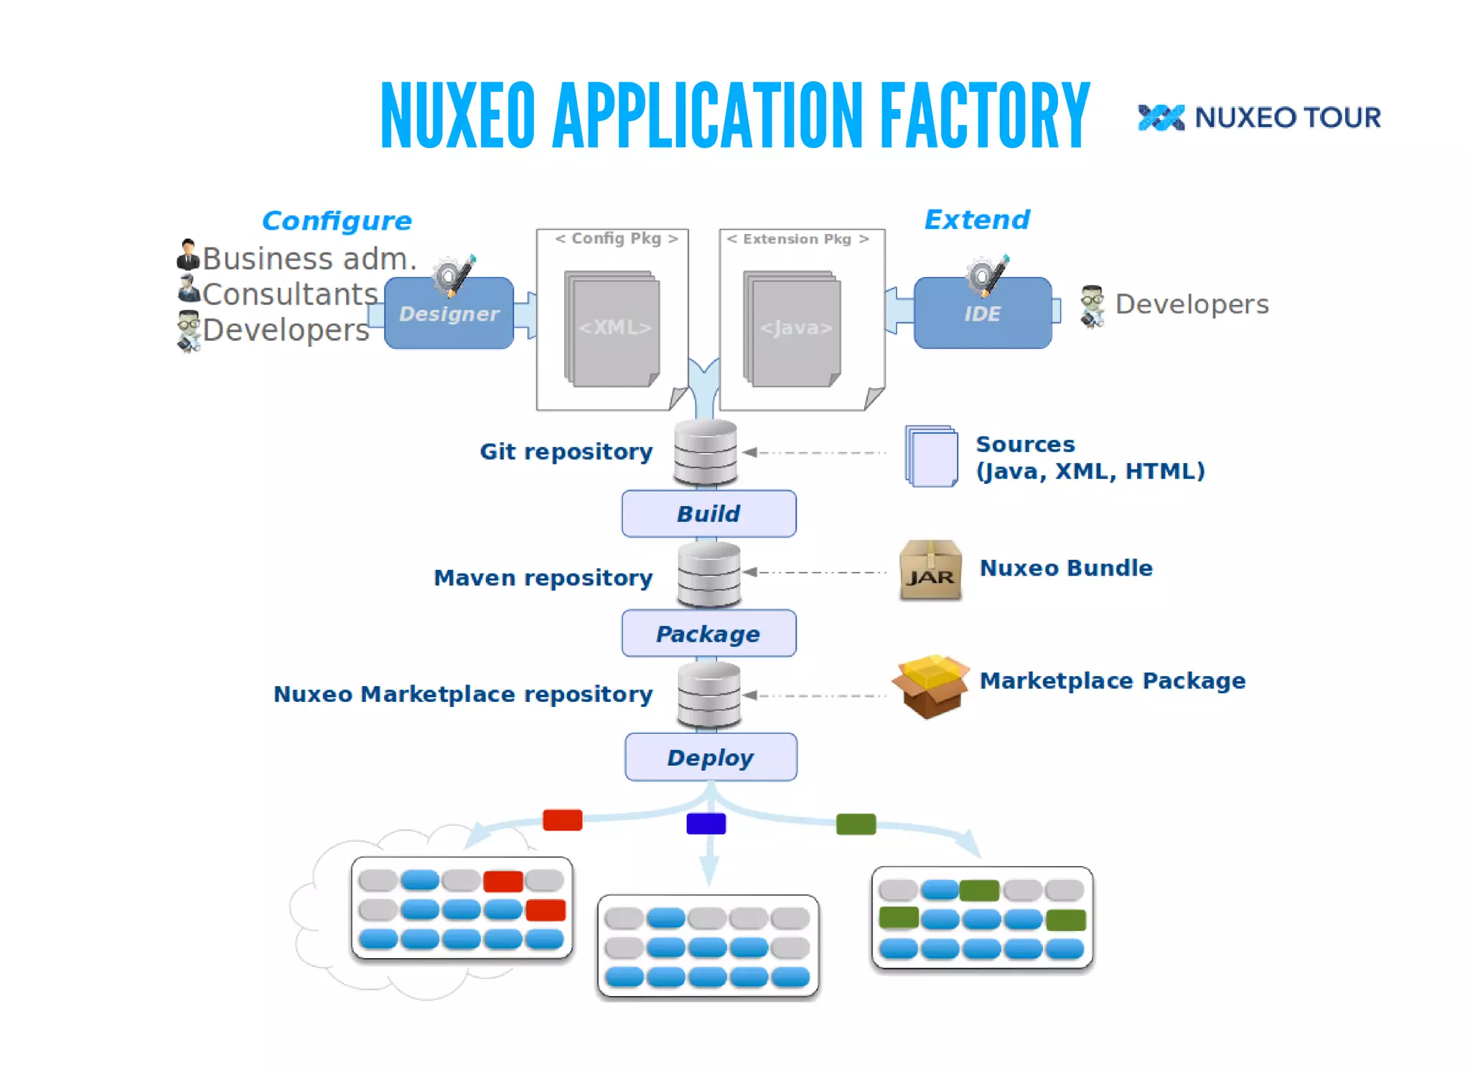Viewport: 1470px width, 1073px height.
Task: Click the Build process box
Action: click(x=708, y=513)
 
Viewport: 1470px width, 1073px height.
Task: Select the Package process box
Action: click(x=708, y=633)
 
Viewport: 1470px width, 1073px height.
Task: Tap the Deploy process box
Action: click(x=711, y=756)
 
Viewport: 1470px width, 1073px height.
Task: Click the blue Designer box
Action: click(x=449, y=314)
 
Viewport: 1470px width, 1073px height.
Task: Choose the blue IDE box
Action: click(x=982, y=314)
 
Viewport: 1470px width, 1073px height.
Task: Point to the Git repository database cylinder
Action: click(x=706, y=451)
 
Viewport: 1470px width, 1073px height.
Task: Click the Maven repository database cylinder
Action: click(x=709, y=574)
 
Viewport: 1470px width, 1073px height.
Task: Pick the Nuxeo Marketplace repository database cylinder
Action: click(x=709, y=694)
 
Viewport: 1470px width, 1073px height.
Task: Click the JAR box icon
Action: click(x=930, y=571)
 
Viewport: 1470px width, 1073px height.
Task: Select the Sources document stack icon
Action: click(x=932, y=456)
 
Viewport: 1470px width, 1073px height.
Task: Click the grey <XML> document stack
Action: click(x=612, y=328)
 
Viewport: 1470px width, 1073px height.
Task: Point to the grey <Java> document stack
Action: click(x=792, y=328)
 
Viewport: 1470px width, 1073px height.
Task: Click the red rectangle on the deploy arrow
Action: click(x=562, y=820)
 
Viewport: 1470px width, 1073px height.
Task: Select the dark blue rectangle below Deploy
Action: click(x=706, y=823)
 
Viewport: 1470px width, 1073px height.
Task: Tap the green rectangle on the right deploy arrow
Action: click(x=856, y=824)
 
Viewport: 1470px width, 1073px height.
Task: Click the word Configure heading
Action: click(x=337, y=221)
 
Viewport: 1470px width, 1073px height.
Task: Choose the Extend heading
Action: click(x=976, y=220)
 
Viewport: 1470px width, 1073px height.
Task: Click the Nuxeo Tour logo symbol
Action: click(x=1161, y=118)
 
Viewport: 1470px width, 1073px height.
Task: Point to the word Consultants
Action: click(x=289, y=294)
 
